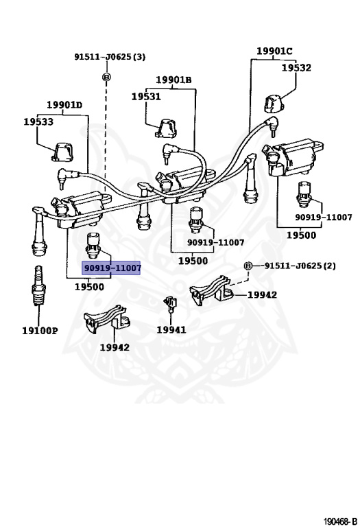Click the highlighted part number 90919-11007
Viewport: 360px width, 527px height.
[112, 268]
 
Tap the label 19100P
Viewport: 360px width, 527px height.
[40, 331]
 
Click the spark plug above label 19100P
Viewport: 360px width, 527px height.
[38, 285]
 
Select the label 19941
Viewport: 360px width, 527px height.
[171, 329]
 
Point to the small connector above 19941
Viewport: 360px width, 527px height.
[171, 303]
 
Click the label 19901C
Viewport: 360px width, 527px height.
[274, 51]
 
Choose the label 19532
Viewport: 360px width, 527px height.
[296, 68]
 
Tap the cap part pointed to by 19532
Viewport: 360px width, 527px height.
[274, 104]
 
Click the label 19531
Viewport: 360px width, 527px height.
[146, 97]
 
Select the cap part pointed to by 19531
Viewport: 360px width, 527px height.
[165, 128]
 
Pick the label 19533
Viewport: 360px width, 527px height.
[38, 121]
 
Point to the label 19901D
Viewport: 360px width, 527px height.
[64, 105]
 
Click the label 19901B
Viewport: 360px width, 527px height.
[173, 80]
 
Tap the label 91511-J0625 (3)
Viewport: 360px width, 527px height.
[110, 57]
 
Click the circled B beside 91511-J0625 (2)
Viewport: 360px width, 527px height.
[248, 266]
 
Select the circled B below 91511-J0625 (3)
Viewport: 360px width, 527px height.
[106, 78]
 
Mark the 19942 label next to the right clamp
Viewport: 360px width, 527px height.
[262, 295]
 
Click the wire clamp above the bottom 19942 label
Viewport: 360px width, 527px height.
[107, 319]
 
